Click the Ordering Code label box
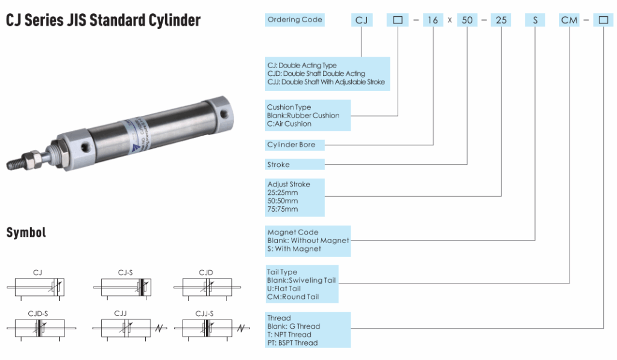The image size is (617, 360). pos(295,20)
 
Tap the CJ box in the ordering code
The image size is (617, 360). pos(362,21)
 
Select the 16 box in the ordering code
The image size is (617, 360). pos(433,21)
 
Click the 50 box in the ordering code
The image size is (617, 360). pos(467,21)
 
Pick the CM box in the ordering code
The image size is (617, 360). pos(569,21)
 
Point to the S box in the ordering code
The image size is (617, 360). pos(535,21)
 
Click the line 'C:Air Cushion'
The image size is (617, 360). pos(289,124)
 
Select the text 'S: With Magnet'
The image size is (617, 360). pos(294,248)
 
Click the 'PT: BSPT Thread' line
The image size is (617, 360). pos(293,343)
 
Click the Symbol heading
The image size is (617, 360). pos(26,233)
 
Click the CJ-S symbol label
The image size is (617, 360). pos(125,273)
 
